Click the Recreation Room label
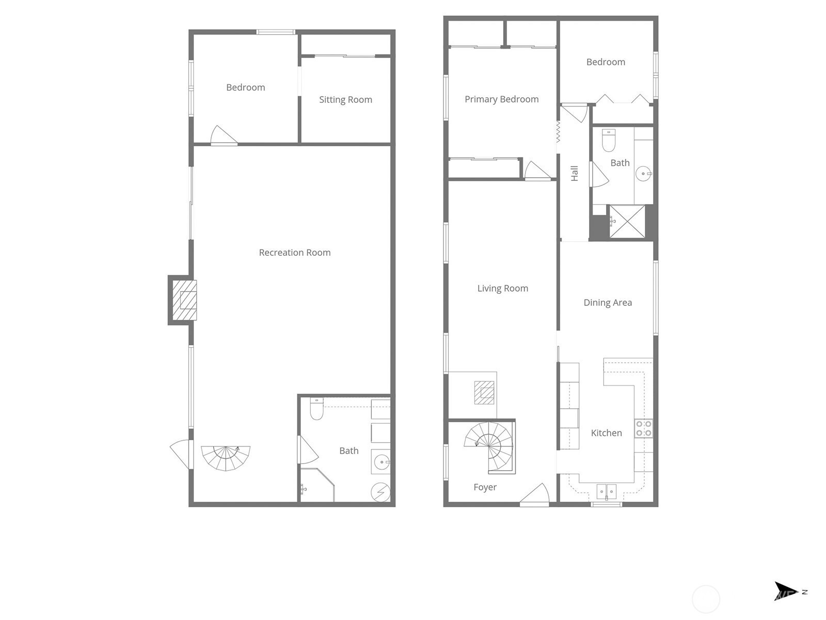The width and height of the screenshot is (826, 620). pos(295,253)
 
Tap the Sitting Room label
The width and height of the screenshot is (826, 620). pos(345,100)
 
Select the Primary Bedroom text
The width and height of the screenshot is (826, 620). pos(502,99)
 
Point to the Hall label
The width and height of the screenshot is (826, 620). pos(574,174)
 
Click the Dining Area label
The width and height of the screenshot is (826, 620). pos(608,303)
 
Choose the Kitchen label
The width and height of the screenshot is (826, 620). pos(606,433)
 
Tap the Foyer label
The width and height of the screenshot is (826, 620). pos(485,487)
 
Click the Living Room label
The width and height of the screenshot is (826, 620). pos(503,288)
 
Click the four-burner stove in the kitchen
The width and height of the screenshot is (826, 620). pos(643,428)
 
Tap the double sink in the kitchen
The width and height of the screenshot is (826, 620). pos(606,492)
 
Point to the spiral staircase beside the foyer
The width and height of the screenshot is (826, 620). pos(489,447)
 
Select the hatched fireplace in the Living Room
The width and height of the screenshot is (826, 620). pos(484,393)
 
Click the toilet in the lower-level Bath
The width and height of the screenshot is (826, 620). pos(317,409)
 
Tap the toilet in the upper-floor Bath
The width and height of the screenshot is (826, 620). pos(609,141)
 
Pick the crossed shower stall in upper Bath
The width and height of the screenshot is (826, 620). pos(627,222)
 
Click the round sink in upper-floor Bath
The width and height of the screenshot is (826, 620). pos(643,174)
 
